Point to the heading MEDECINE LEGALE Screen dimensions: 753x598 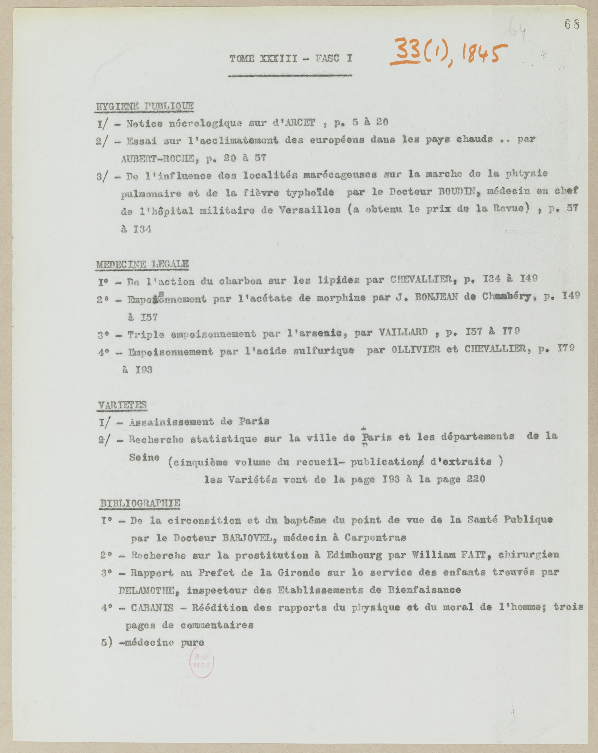142,264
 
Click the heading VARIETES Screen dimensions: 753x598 122,405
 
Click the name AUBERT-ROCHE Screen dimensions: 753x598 158,159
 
